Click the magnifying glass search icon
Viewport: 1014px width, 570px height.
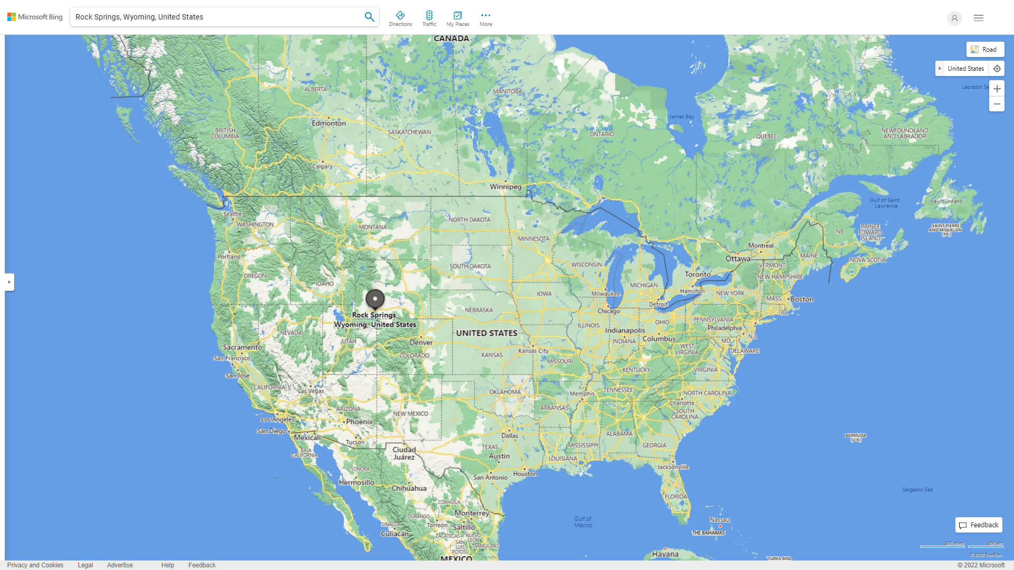369,17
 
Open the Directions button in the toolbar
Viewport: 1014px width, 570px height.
400,18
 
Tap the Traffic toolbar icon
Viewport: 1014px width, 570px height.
429,18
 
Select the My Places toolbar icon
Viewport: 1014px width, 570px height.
457,18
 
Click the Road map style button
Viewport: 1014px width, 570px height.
985,50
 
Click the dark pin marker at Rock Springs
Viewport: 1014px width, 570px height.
375,299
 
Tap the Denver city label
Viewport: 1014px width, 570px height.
421,343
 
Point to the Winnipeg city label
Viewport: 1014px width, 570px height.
505,187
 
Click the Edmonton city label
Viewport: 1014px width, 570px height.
328,123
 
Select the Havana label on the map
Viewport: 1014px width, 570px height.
665,554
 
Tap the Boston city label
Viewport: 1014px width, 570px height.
802,299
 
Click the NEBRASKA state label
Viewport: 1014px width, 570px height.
478,310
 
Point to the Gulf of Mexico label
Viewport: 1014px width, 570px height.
583,522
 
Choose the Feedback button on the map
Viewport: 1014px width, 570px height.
979,525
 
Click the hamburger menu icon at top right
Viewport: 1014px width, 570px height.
979,18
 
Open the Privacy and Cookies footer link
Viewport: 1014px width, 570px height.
35,565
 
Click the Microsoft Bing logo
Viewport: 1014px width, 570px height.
35,17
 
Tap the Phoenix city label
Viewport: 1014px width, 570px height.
359,422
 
